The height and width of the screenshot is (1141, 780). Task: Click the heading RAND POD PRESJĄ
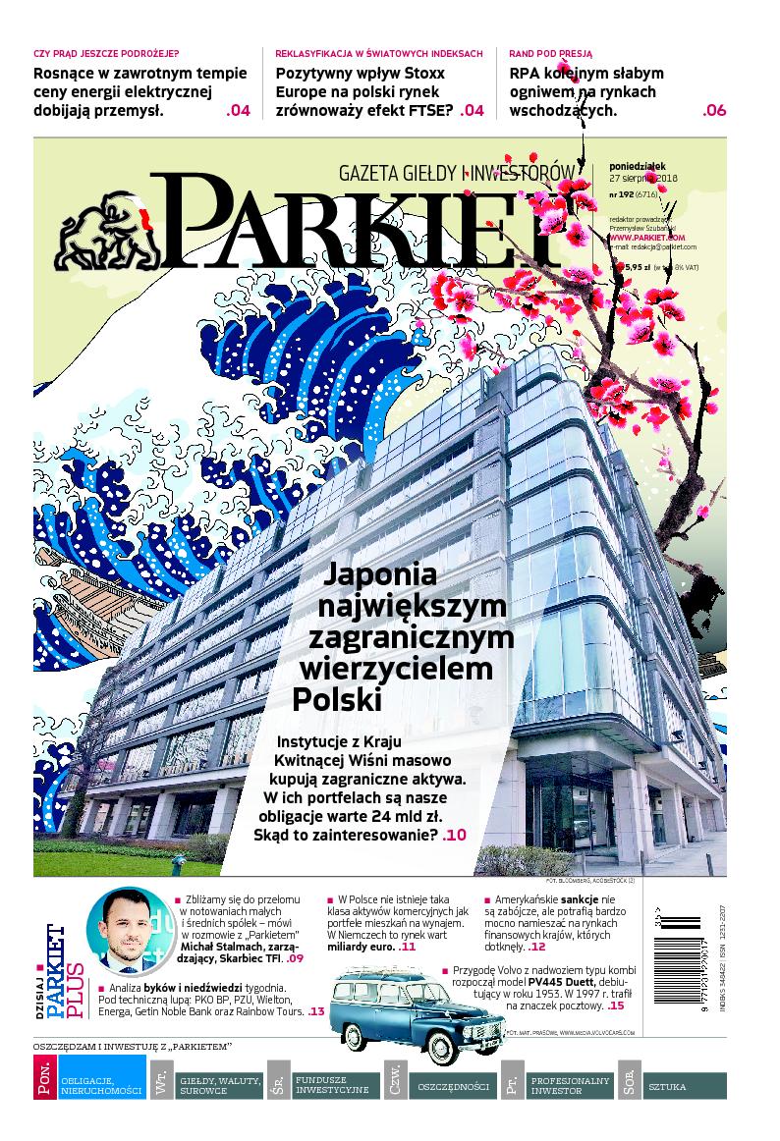(549, 53)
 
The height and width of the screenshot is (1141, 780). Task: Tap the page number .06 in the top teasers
(714, 110)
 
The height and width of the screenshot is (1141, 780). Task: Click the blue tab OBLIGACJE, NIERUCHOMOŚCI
(102, 1085)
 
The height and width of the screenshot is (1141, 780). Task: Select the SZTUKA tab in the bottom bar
(668, 1086)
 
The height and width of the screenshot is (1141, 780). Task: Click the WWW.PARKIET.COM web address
(645, 237)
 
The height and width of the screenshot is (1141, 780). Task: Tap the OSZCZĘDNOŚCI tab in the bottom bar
(453, 1086)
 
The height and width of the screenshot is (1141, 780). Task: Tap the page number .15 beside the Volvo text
(616, 1006)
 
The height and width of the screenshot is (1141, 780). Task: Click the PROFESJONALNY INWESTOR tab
(570, 1085)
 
